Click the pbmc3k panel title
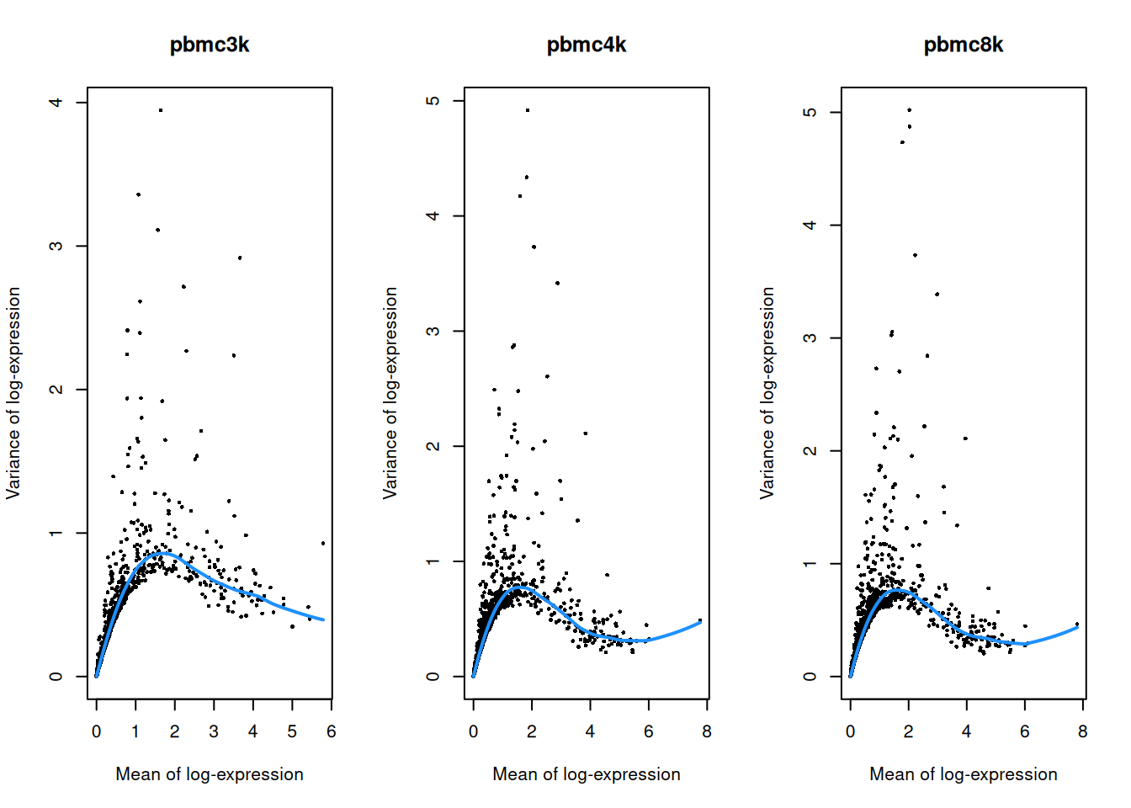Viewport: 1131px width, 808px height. pos(210,45)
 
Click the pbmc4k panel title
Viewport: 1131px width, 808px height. pos(587,45)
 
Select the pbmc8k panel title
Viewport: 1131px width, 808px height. pos(963,45)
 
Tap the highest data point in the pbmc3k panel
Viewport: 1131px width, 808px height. pos(161,110)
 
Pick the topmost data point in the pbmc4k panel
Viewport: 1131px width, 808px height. pos(528,110)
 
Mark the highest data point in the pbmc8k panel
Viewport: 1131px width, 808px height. pos(909,110)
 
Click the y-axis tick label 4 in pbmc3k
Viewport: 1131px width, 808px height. pos(56,103)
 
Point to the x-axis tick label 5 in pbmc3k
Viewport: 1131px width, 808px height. pos(292,732)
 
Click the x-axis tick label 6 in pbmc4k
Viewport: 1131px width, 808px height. pos(648,732)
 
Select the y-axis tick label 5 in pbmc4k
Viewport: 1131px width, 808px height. pos(433,101)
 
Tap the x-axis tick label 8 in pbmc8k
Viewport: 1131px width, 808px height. pos(1083,732)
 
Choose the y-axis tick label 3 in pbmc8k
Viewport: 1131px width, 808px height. pos(810,338)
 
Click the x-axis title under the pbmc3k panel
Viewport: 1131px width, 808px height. pos(210,774)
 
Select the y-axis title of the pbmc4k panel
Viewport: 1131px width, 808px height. pos(390,393)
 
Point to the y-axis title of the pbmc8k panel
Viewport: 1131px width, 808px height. pos(767,393)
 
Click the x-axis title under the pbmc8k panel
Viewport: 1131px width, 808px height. pos(963,774)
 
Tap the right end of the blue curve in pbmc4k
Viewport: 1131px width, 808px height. pos(700,623)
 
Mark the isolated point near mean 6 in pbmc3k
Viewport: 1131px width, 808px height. pos(323,544)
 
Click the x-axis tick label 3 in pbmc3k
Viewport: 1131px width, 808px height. pos(214,732)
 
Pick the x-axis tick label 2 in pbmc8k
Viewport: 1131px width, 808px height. pos(908,732)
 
